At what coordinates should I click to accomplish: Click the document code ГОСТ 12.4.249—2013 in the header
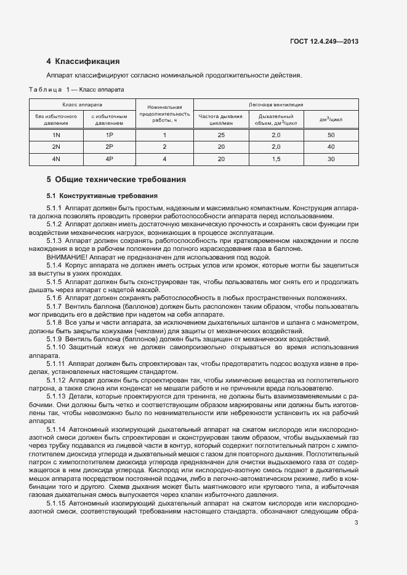324,41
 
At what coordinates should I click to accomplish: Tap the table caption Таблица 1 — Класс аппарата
77,89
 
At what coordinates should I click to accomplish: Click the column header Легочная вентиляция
275,105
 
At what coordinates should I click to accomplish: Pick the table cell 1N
56,135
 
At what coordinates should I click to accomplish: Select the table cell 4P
110,159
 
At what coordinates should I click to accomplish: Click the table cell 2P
110,147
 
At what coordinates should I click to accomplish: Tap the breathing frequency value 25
221,135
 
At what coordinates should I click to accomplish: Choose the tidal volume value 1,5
276,159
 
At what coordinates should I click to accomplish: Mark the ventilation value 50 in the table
331,135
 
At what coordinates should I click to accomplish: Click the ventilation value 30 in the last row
331,159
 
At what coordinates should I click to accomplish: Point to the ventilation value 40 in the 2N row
331,147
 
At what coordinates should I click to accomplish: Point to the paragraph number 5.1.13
57,397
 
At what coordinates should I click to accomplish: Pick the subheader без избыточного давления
56,119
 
